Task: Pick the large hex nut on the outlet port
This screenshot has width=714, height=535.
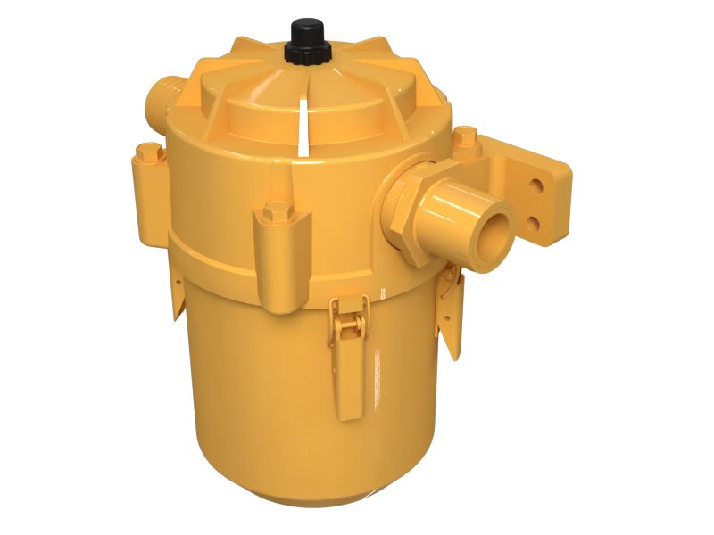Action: (412, 210)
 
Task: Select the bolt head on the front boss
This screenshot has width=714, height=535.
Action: (277, 212)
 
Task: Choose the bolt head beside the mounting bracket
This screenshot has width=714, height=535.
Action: (466, 137)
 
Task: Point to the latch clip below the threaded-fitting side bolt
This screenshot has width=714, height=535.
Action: (177, 294)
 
